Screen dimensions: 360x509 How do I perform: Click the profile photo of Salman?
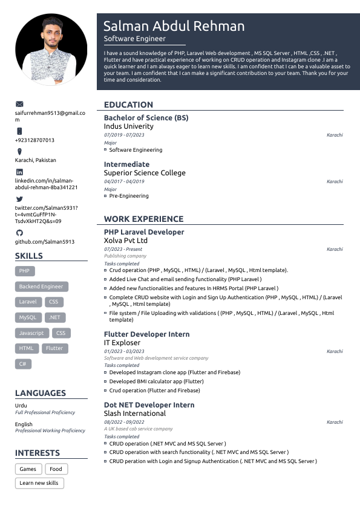tap(51, 50)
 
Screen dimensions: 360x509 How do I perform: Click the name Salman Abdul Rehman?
tap(174, 26)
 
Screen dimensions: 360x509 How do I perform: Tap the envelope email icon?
tap(19, 105)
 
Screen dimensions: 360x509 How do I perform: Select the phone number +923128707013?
tap(34, 140)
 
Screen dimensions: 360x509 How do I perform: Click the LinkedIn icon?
tap(19, 172)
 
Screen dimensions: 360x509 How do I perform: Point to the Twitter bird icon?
tap(19, 199)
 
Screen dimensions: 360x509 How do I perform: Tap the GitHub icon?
tap(19, 233)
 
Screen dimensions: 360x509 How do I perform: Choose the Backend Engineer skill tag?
tap(41, 287)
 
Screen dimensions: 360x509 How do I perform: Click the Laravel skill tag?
tap(28, 302)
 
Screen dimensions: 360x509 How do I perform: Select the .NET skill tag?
tap(55, 317)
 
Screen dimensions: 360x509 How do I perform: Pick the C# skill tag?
tap(23, 364)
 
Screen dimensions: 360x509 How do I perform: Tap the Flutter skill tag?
tap(54, 348)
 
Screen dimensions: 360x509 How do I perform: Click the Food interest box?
tap(56, 469)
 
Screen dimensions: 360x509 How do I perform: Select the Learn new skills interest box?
tap(39, 483)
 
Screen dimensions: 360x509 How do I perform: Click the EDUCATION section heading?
tap(128, 105)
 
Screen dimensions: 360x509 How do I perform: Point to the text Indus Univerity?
tap(129, 126)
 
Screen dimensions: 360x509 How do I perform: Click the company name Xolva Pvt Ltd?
tap(126, 241)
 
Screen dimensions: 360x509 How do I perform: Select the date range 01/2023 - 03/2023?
tap(124, 351)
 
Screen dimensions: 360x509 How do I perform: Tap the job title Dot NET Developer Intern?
tap(149, 405)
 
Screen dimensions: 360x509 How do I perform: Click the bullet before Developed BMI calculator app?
tap(105, 381)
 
